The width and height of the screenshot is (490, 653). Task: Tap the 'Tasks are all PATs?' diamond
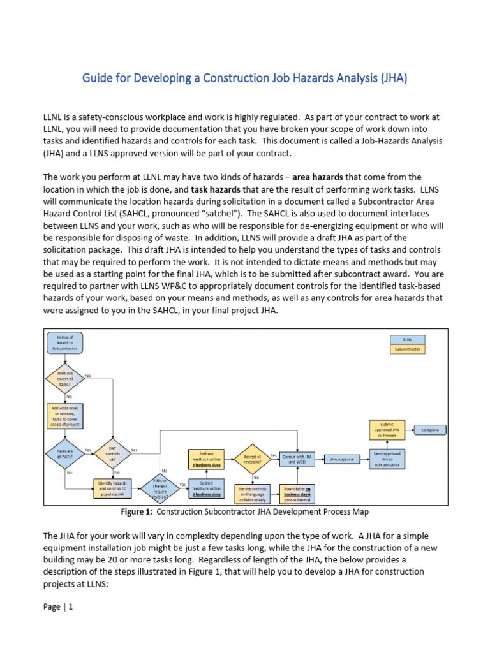pos(64,454)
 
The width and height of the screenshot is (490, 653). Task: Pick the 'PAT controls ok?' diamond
pos(112,454)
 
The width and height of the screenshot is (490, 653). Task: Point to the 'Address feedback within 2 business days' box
pos(206,459)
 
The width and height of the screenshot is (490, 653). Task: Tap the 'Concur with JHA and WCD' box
pos(299,459)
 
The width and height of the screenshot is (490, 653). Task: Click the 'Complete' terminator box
pos(430,430)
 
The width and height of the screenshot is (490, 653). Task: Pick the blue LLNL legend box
pos(406,340)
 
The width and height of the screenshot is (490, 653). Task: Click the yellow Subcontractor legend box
pos(406,349)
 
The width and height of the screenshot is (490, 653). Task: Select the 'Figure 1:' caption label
pos(137,512)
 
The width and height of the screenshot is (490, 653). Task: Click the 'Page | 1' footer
pos(58,607)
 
